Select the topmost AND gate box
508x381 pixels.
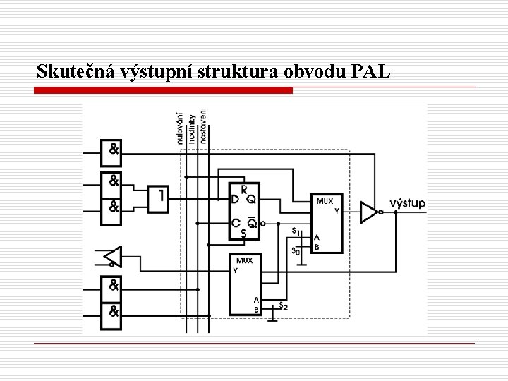coord(113,149)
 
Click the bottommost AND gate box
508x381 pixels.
coord(113,310)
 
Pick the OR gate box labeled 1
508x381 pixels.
coord(159,199)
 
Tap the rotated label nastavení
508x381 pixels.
coord(203,126)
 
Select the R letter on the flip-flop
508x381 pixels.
coord(244,189)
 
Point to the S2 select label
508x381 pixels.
coord(284,306)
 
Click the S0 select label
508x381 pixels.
coord(296,250)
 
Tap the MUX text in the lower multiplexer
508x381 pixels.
coord(244,261)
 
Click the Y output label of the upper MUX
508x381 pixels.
coord(336,210)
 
